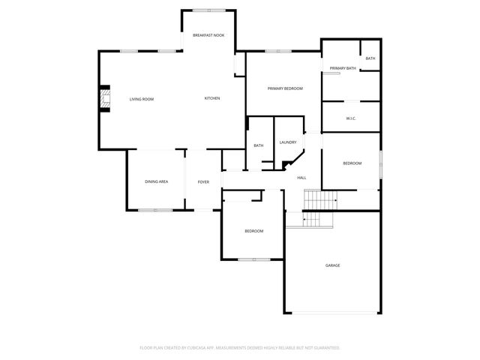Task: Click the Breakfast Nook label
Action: click(208, 36)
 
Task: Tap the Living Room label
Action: click(141, 99)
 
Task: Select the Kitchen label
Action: click(213, 98)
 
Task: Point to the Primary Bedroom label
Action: click(285, 88)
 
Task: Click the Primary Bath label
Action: click(339, 68)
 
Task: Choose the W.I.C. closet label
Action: click(350, 118)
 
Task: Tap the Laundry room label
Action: click(288, 142)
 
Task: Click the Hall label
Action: click(301, 177)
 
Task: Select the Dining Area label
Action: click(156, 181)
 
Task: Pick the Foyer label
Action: click(203, 181)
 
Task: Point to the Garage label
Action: click(332, 265)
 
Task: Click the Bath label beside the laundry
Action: click(258, 145)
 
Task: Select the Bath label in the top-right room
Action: click(370, 58)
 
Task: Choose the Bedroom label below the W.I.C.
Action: click(352, 163)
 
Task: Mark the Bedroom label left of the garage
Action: click(253, 230)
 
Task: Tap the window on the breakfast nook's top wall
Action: click(208, 10)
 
